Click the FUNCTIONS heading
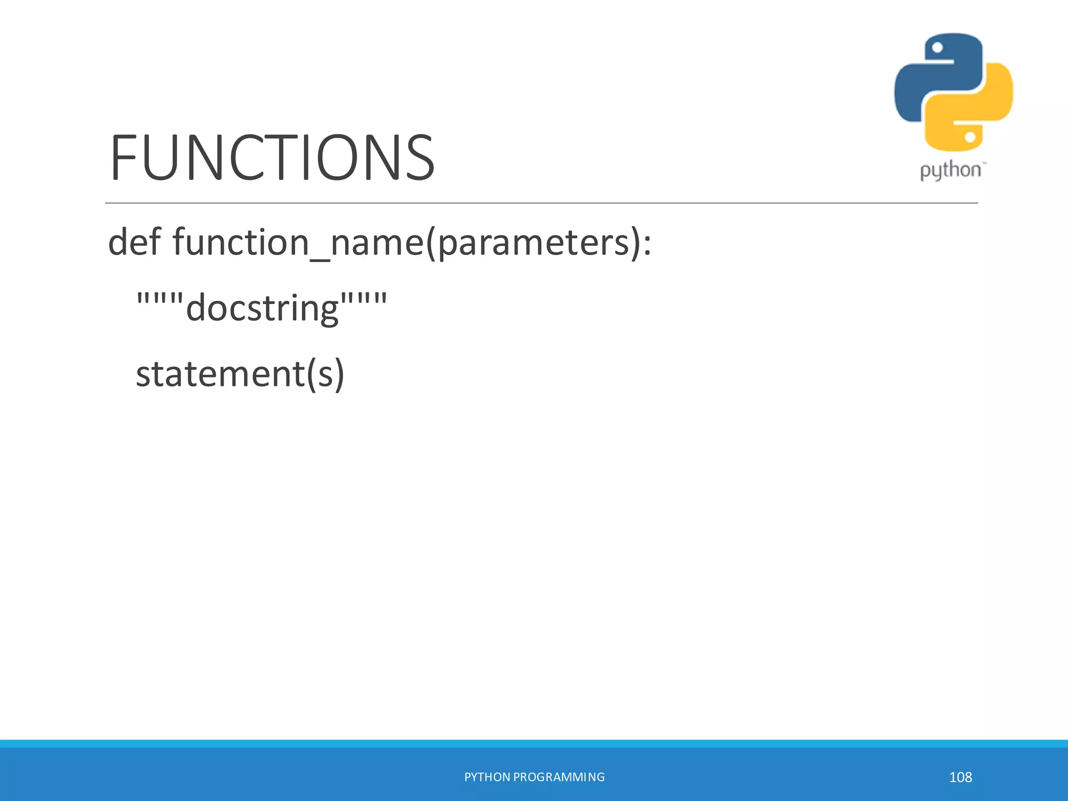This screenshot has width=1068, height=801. [272, 157]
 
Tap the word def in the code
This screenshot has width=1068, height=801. [134, 242]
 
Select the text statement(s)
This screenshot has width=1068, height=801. [240, 374]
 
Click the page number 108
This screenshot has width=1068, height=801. [960, 777]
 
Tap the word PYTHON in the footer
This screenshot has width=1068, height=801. [487, 777]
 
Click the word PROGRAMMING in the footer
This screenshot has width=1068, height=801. [559, 777]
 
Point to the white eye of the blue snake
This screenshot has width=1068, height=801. [937, 48]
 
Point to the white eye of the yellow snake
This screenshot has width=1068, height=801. [970, 137]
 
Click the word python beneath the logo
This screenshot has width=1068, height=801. [950, 171]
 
